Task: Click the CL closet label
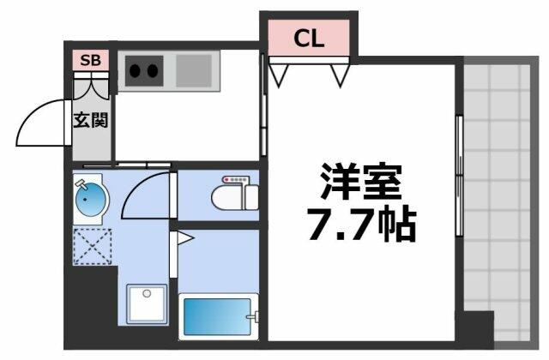click(309, 38)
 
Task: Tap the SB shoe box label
click(90, 60)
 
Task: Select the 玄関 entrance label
click(91, 120)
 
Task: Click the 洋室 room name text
click(361, 181)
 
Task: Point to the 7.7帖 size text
click(362, 225)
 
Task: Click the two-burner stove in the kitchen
click(144, 71)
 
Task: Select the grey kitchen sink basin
click(194, 70)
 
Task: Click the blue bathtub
click(217, 317)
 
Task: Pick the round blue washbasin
click(91, 200)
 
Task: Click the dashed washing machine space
click(93, 247)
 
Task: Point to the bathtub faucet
click(254, 317)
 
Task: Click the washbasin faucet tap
click(81, 183)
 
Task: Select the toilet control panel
click(236, 180)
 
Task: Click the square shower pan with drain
click(147, 303)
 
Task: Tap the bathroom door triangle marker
click(185, 238)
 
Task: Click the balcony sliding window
click(460, 176)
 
